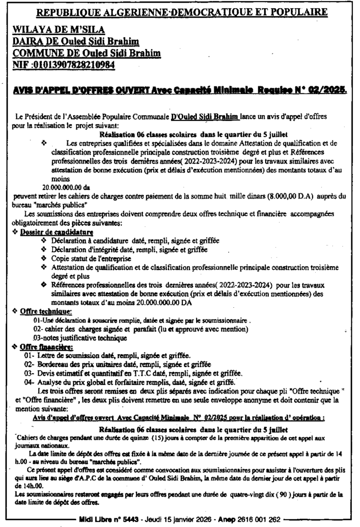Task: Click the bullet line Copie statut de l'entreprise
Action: tap(91, 258)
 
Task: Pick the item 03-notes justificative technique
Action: tap(79, 338)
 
